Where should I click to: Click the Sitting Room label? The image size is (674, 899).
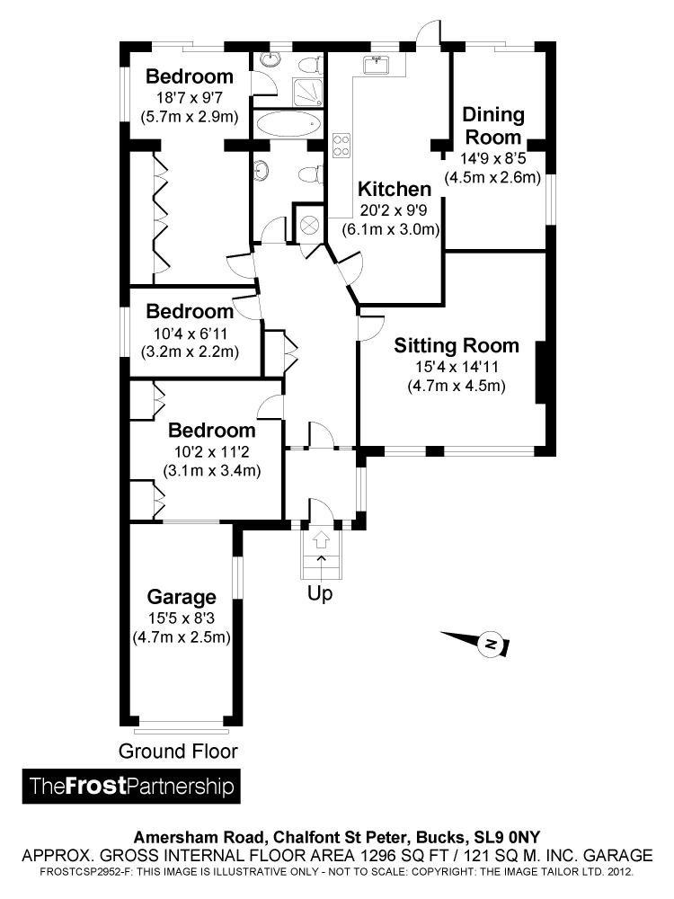click(457, 345)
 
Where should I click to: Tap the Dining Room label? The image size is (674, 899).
click(492, 126)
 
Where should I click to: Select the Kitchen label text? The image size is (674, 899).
click(395, 190)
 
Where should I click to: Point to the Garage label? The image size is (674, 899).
click(182, 597)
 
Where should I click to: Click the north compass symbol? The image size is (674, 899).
click(490, 644)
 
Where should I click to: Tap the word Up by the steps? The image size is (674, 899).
click(320, 593)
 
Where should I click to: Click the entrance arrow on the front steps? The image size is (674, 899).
click(321, 541)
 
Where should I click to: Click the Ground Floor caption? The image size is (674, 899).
click(179, 751)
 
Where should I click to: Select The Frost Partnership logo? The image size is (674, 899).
click(132, 786)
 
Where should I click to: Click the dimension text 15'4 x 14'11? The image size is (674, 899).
click(457, 367)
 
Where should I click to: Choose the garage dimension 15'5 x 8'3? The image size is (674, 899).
click(182, 619)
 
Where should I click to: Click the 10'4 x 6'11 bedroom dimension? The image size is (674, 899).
click(190, 333)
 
